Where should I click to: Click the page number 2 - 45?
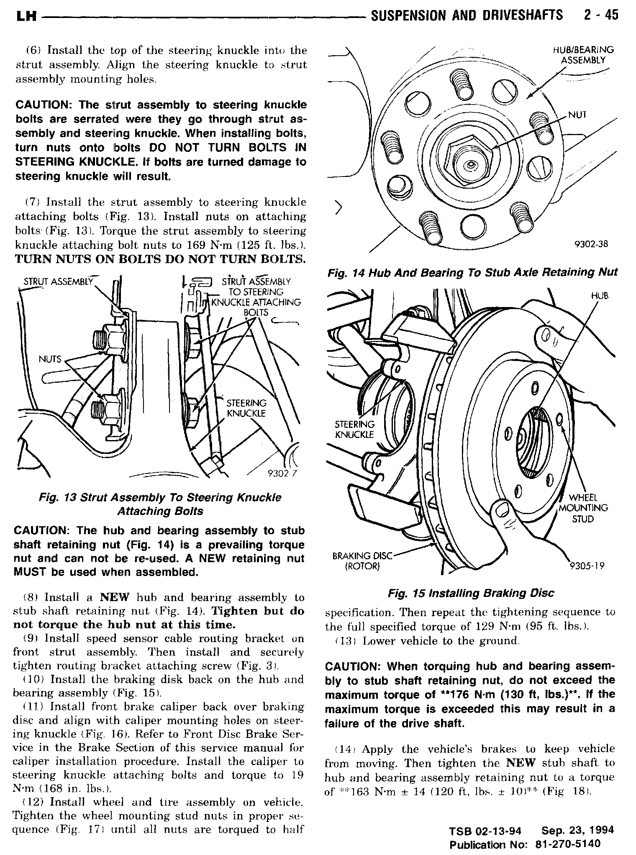(x=599, y=15)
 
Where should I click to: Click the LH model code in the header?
(x=26, y=17)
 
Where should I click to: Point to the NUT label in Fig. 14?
(x=577, y=114)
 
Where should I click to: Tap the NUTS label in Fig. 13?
(x=50, y=359)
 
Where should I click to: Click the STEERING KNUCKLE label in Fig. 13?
(x=246, y=408)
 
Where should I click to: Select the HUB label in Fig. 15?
(x=600, y=296)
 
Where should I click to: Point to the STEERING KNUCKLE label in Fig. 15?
(x=355, y=429)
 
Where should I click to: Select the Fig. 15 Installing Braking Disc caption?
(x=471, y=593)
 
